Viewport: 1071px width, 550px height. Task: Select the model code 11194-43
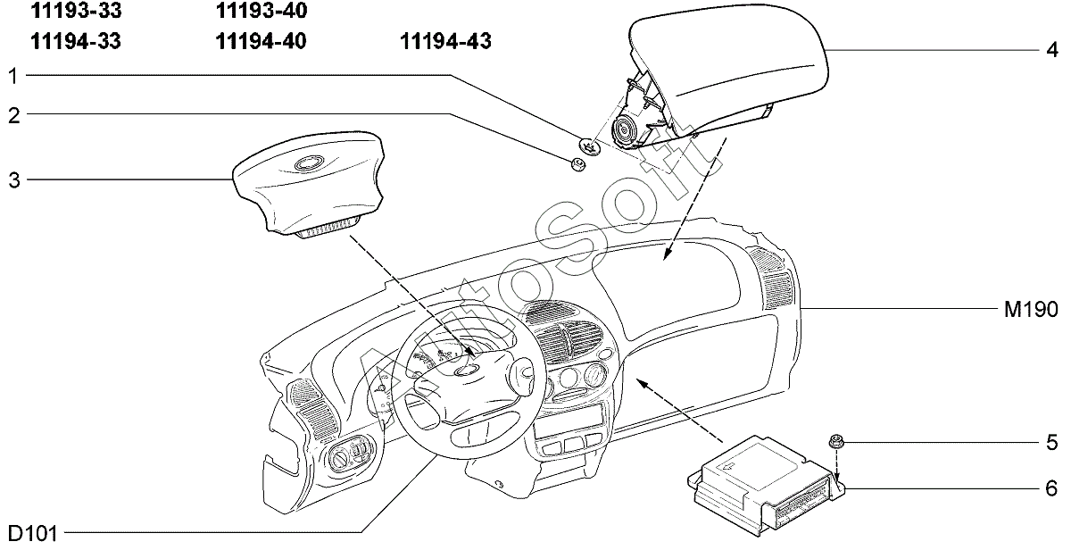click(445, 41)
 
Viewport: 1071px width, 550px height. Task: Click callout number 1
click(12, 76)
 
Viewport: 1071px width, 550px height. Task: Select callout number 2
click(12, 114)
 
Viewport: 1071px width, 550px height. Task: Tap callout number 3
click(12, 180)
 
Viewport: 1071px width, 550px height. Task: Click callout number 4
click(1052, 49)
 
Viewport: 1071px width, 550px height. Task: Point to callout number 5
click(1052, 442)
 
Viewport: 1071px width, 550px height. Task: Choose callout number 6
click(1052, 488)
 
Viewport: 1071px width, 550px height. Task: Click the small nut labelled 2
click(576, 162)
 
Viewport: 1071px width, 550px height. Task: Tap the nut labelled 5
click(837, 439)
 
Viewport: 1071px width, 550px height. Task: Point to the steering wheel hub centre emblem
click(466, 370)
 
